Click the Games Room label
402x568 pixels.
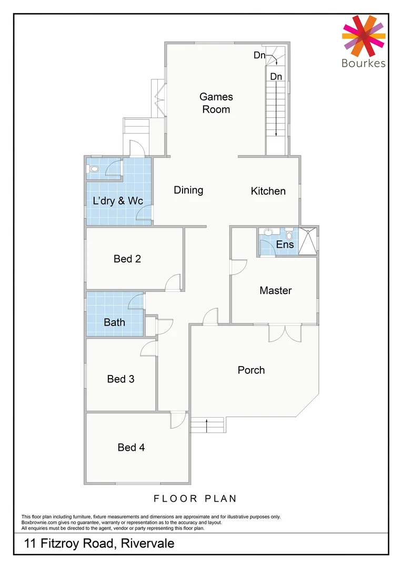click(216, 103)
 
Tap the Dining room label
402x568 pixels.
click(188, 190)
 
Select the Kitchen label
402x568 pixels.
click(268, 191)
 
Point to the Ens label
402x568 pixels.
click(285, 245)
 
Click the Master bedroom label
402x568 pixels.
click(275, 290)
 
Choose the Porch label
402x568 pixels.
click(251, 370)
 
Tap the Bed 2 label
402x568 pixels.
click(127, 259)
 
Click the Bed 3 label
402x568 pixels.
click(120, 379)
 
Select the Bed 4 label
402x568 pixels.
click(131, 447)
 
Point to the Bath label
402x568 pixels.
click(114, 322)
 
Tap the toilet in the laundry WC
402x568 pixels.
click(94, 169)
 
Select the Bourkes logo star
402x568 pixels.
click(364, 36)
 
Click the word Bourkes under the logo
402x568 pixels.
click(364, 64)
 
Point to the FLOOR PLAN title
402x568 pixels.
click(195, 498)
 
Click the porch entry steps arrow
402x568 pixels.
click(207, 424)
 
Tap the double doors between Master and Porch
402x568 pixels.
click(285, 333)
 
